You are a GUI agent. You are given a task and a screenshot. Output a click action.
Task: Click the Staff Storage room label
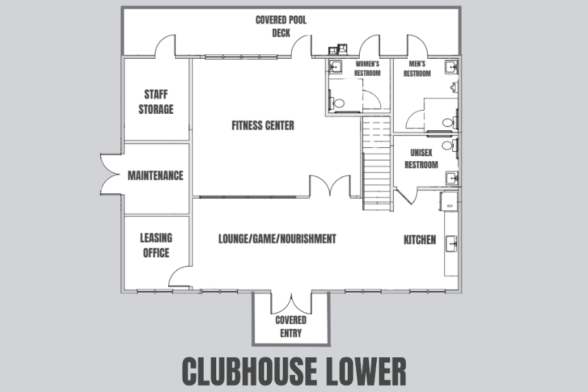[156, 102]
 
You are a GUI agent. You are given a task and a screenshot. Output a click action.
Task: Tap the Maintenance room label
[156, 175]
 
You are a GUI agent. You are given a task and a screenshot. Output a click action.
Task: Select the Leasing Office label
[156, 245]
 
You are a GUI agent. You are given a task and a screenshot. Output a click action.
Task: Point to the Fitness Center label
[262, 126]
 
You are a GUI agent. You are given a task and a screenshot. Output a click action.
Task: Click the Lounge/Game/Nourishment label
[277, 239]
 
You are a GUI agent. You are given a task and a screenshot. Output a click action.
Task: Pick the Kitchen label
[420, 240]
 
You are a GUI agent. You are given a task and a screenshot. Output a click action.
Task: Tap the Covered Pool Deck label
[281, 26]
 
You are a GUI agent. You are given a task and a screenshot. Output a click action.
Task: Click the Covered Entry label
[290, 326]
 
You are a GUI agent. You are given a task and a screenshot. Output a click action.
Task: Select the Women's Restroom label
[367, 68]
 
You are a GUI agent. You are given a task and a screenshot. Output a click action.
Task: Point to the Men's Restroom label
[417, 68]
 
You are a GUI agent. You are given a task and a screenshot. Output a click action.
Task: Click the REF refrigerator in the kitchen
[450, 207]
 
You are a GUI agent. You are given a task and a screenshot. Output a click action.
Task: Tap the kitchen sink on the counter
[451, 242]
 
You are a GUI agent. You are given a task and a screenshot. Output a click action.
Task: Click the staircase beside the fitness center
[377, 164]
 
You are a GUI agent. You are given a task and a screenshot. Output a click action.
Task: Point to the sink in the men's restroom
[451, 66]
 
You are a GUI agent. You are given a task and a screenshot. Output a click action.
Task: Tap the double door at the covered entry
[290, 304]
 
